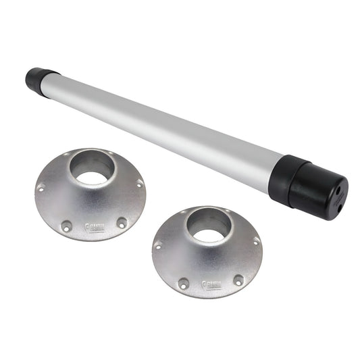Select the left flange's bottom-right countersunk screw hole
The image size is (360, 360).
point(121,222)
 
